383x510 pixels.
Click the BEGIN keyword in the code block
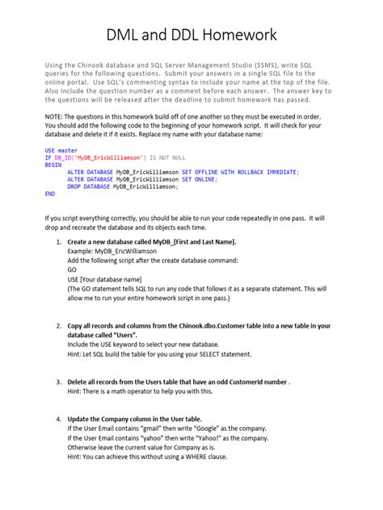pyautogui.click(x=54, y=165)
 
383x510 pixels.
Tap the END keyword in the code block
pyautogui.click(x=51, y=194)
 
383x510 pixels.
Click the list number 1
pyautogui.click(x=58, y=242)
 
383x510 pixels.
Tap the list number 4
pyautogui.click(x=58, y=420)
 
